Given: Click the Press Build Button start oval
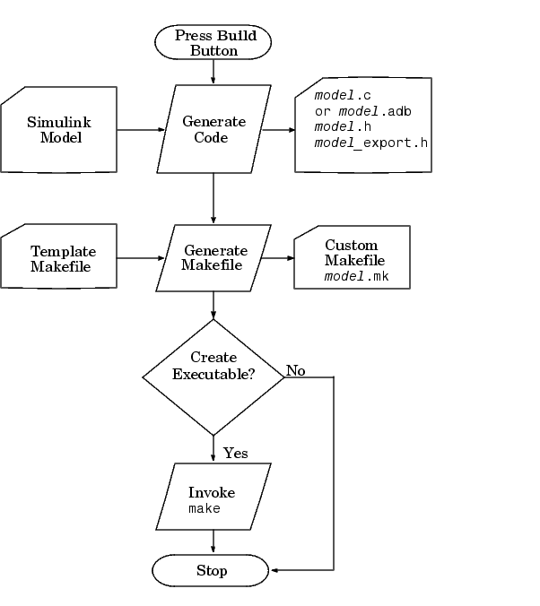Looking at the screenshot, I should click(213, 43).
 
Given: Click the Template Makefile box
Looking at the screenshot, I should click(61, 258).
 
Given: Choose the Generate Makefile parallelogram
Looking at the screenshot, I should click(213, 258).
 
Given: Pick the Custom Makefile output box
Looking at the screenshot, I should click(353, 257).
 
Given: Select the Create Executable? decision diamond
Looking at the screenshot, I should click(213, 377).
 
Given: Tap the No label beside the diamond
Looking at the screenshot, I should click(295, 370).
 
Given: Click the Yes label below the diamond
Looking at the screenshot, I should click(235, 454).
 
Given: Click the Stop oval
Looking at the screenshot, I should click(212, 570).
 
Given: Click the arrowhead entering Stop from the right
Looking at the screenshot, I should click(274, 570).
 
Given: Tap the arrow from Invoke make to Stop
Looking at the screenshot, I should click(213, 541).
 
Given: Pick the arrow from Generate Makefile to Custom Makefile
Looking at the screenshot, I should click(278, 258).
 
